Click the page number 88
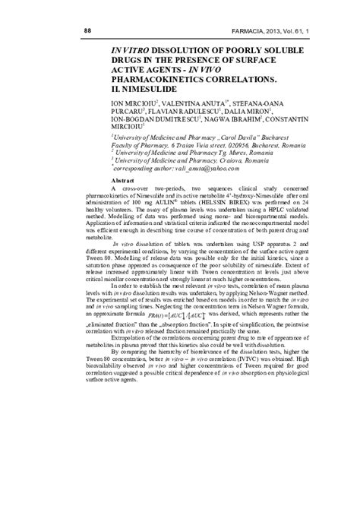[x=80, y=31]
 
